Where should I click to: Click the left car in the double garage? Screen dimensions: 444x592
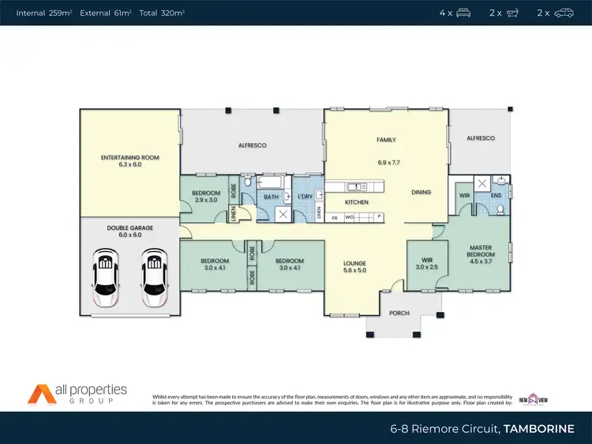[106, 277]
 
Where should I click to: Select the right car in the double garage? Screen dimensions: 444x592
[155, 277]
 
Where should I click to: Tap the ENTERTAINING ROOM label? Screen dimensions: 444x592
[129, 161]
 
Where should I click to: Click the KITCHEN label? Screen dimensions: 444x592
[357, 202]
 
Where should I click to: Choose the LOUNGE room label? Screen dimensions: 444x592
[354, 267]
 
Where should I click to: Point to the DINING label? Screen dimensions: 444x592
[421, 192]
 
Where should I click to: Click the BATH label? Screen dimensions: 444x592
[271, 197]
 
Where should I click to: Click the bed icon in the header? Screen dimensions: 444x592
[463, 13]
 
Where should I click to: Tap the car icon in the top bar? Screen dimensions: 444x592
[564, 13]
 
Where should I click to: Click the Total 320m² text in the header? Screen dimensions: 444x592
[162, 13]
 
